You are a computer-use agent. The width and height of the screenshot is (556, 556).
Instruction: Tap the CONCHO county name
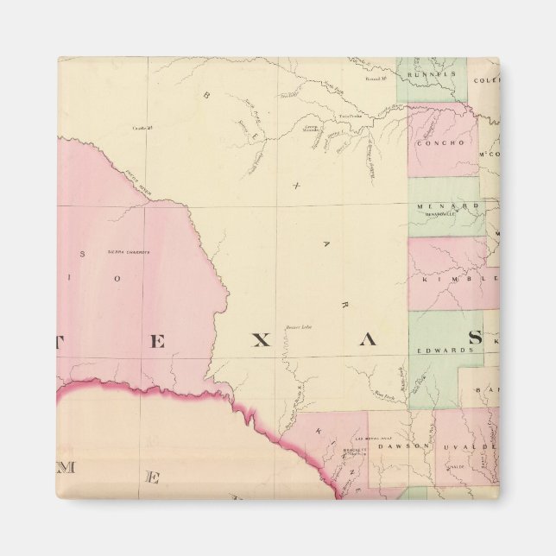[442, 144]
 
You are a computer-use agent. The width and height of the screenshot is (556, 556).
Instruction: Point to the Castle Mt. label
[142, 128]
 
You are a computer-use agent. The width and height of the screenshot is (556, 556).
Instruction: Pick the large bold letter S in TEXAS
[475, 339]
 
